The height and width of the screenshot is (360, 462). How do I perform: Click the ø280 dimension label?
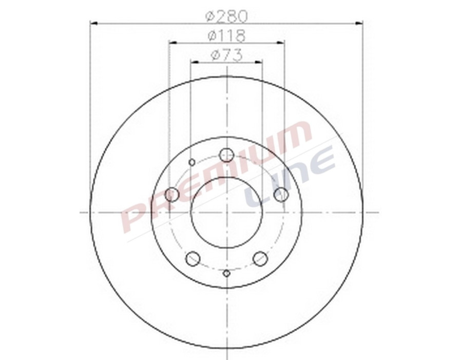tap(226, 16)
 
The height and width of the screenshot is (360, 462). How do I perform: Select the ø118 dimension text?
tap(226, 36)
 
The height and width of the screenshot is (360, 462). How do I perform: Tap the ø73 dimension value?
tap(226, 55)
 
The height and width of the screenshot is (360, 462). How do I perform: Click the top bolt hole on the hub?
tap(226, 154)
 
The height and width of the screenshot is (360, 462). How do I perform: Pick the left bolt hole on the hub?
tap(172, 194)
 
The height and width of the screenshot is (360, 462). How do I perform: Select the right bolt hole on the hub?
tap(281, 194)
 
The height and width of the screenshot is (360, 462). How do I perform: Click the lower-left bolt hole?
tap(192, 258)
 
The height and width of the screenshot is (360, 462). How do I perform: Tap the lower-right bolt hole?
tap(260, 258)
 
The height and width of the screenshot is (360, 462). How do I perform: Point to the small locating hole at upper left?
tap(192, 163)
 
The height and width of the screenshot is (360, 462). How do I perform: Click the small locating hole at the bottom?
tap(226, 273)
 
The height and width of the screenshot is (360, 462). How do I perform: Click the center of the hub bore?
tap(226, 212)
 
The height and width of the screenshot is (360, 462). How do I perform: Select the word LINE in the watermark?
tap(290, 177)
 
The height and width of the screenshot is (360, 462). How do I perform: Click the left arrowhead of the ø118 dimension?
tap(172, 43)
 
